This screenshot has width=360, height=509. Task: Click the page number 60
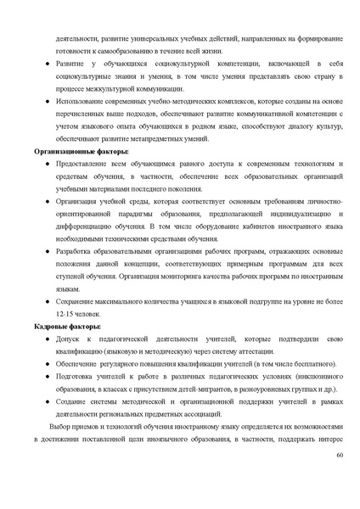(x=339, y=456)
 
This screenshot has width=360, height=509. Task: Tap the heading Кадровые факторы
(x=67, y=327)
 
